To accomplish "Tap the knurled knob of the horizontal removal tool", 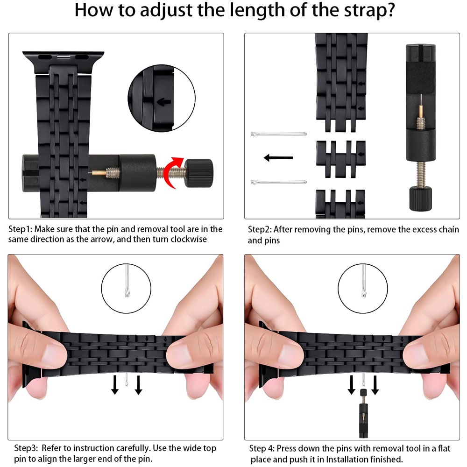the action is pyautogui.click(x=199, y=173).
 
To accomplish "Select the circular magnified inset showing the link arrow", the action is pyautogui.click(x=162, y=98).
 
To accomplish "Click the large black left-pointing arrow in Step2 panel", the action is pyautogui.click(x=278, y=157).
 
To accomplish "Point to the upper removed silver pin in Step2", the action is pyautogui.click(x=278, y=134).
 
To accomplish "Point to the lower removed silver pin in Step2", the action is pyautogui.click(x=278, y=182).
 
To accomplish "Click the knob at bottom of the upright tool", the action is pyautogui.click(x=421, y=198).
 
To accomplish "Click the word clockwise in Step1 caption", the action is pyautogui.click(x=189, y=240).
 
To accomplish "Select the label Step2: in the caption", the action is pyautogui.click(x=260, y=229).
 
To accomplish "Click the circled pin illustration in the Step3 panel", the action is pyautogui.click(x=126, y=288).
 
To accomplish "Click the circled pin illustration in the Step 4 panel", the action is pyautogui.click(x=363, y=288).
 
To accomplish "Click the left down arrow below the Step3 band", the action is pyautogui.click(x=115, y=385).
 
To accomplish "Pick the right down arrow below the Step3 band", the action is pyautogui.click(x=138, y=385).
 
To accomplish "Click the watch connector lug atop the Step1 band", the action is pyautogui.click(x=63, y=62).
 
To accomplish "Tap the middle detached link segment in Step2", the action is pyautogui.click(x=341, y=159).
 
